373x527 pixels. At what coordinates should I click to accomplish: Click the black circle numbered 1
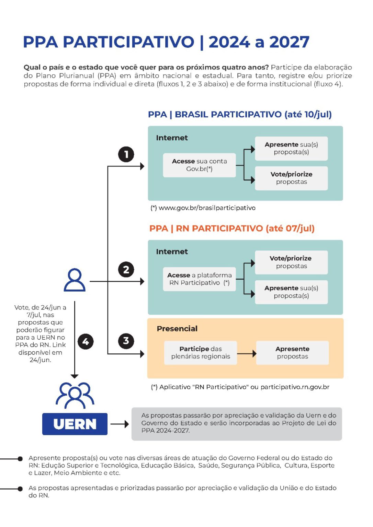coord(126,155)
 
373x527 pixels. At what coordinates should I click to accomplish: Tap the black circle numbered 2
coord(126,270)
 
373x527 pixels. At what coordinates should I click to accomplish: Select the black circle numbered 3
coord(126,341)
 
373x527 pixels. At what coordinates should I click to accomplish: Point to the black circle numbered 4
coord(86,341)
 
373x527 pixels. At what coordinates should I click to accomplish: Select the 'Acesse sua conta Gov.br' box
coord(199,165)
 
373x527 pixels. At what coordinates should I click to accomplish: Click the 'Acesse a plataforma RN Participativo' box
coord(199,279)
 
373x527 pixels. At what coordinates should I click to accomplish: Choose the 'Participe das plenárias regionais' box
coord(200,353)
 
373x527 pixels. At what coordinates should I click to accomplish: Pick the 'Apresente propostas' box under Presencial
coord(293,353)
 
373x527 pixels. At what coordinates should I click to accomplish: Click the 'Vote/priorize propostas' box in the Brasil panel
coord(291,178)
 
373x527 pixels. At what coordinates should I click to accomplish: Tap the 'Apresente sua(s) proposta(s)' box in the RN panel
coord(291,292)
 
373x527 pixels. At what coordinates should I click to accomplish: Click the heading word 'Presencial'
coord(177,329)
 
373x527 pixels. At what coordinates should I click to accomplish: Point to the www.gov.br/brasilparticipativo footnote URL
coord(207,208)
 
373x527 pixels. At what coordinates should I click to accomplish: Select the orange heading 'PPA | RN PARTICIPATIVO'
coord(206,229)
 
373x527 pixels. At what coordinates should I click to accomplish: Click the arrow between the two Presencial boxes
coord(247,353)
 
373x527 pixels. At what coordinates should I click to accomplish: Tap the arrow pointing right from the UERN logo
coord(120,424)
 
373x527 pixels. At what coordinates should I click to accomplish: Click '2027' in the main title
coord(289,42)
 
